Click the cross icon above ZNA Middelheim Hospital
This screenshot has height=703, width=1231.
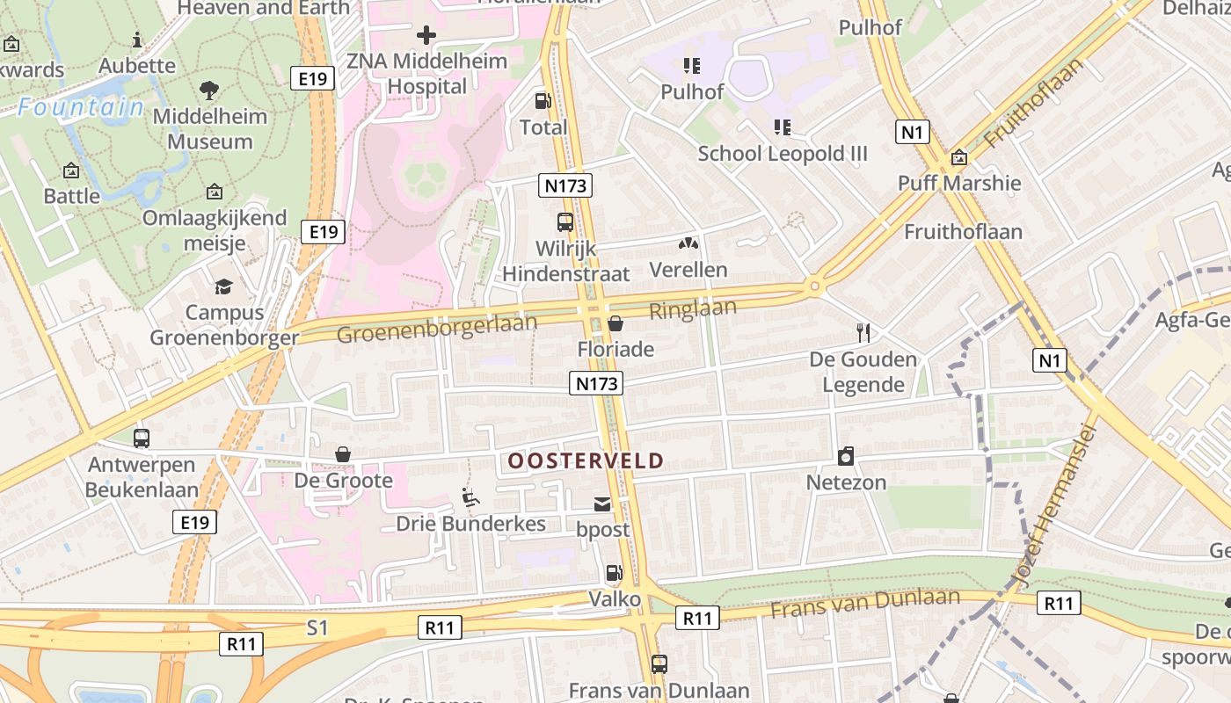426,35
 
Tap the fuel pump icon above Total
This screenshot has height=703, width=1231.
543,101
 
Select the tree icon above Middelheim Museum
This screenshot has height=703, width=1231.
209,90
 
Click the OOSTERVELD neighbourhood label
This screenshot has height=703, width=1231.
585,460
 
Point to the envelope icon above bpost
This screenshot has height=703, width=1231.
602,504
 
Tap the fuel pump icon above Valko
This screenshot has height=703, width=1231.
614,574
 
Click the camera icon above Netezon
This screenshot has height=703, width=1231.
846,456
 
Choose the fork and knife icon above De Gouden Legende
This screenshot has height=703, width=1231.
863,333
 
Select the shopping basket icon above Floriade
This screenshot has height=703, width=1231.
615,323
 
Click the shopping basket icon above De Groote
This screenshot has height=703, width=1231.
343,454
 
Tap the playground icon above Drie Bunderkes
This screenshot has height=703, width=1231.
470,498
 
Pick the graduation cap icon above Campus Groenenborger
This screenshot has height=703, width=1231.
223,286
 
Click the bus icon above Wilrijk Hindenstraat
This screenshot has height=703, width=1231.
565,222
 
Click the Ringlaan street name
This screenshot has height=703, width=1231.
693,309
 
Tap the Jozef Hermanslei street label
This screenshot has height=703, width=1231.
1056,506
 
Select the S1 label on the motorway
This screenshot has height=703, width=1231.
317,627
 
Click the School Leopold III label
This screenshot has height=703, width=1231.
782,154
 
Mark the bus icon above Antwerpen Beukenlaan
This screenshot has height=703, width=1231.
142,438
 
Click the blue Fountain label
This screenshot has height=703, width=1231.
81,108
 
